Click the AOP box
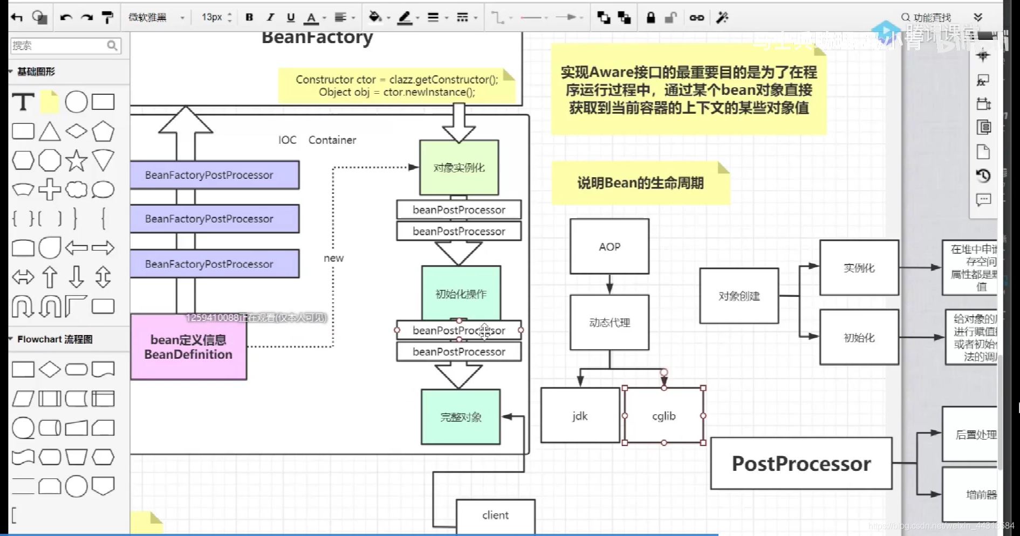point(610,247)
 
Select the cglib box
point(663,416)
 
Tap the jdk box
point(580,416)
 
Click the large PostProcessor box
point(801,464)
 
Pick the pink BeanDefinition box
point(188,347)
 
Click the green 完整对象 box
point(461,417)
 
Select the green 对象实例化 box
point(459,168)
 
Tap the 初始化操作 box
point(461,294)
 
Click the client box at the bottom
point(495,516)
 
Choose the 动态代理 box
point(610,323)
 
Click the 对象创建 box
point(739,296)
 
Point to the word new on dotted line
point(333,258)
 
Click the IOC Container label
point(317,140)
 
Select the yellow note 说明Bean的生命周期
point(640,183)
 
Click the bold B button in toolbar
point(249,17)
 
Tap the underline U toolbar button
point(291,17)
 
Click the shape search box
point(59,46)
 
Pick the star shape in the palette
point(76,161)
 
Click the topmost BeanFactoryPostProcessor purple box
point(215,175)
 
